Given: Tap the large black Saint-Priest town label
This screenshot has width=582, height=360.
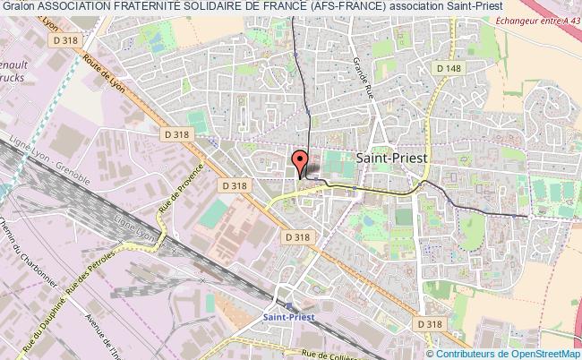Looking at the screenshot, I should coord(392,156).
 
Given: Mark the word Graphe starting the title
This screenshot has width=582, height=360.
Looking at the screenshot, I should coord(18,8).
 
